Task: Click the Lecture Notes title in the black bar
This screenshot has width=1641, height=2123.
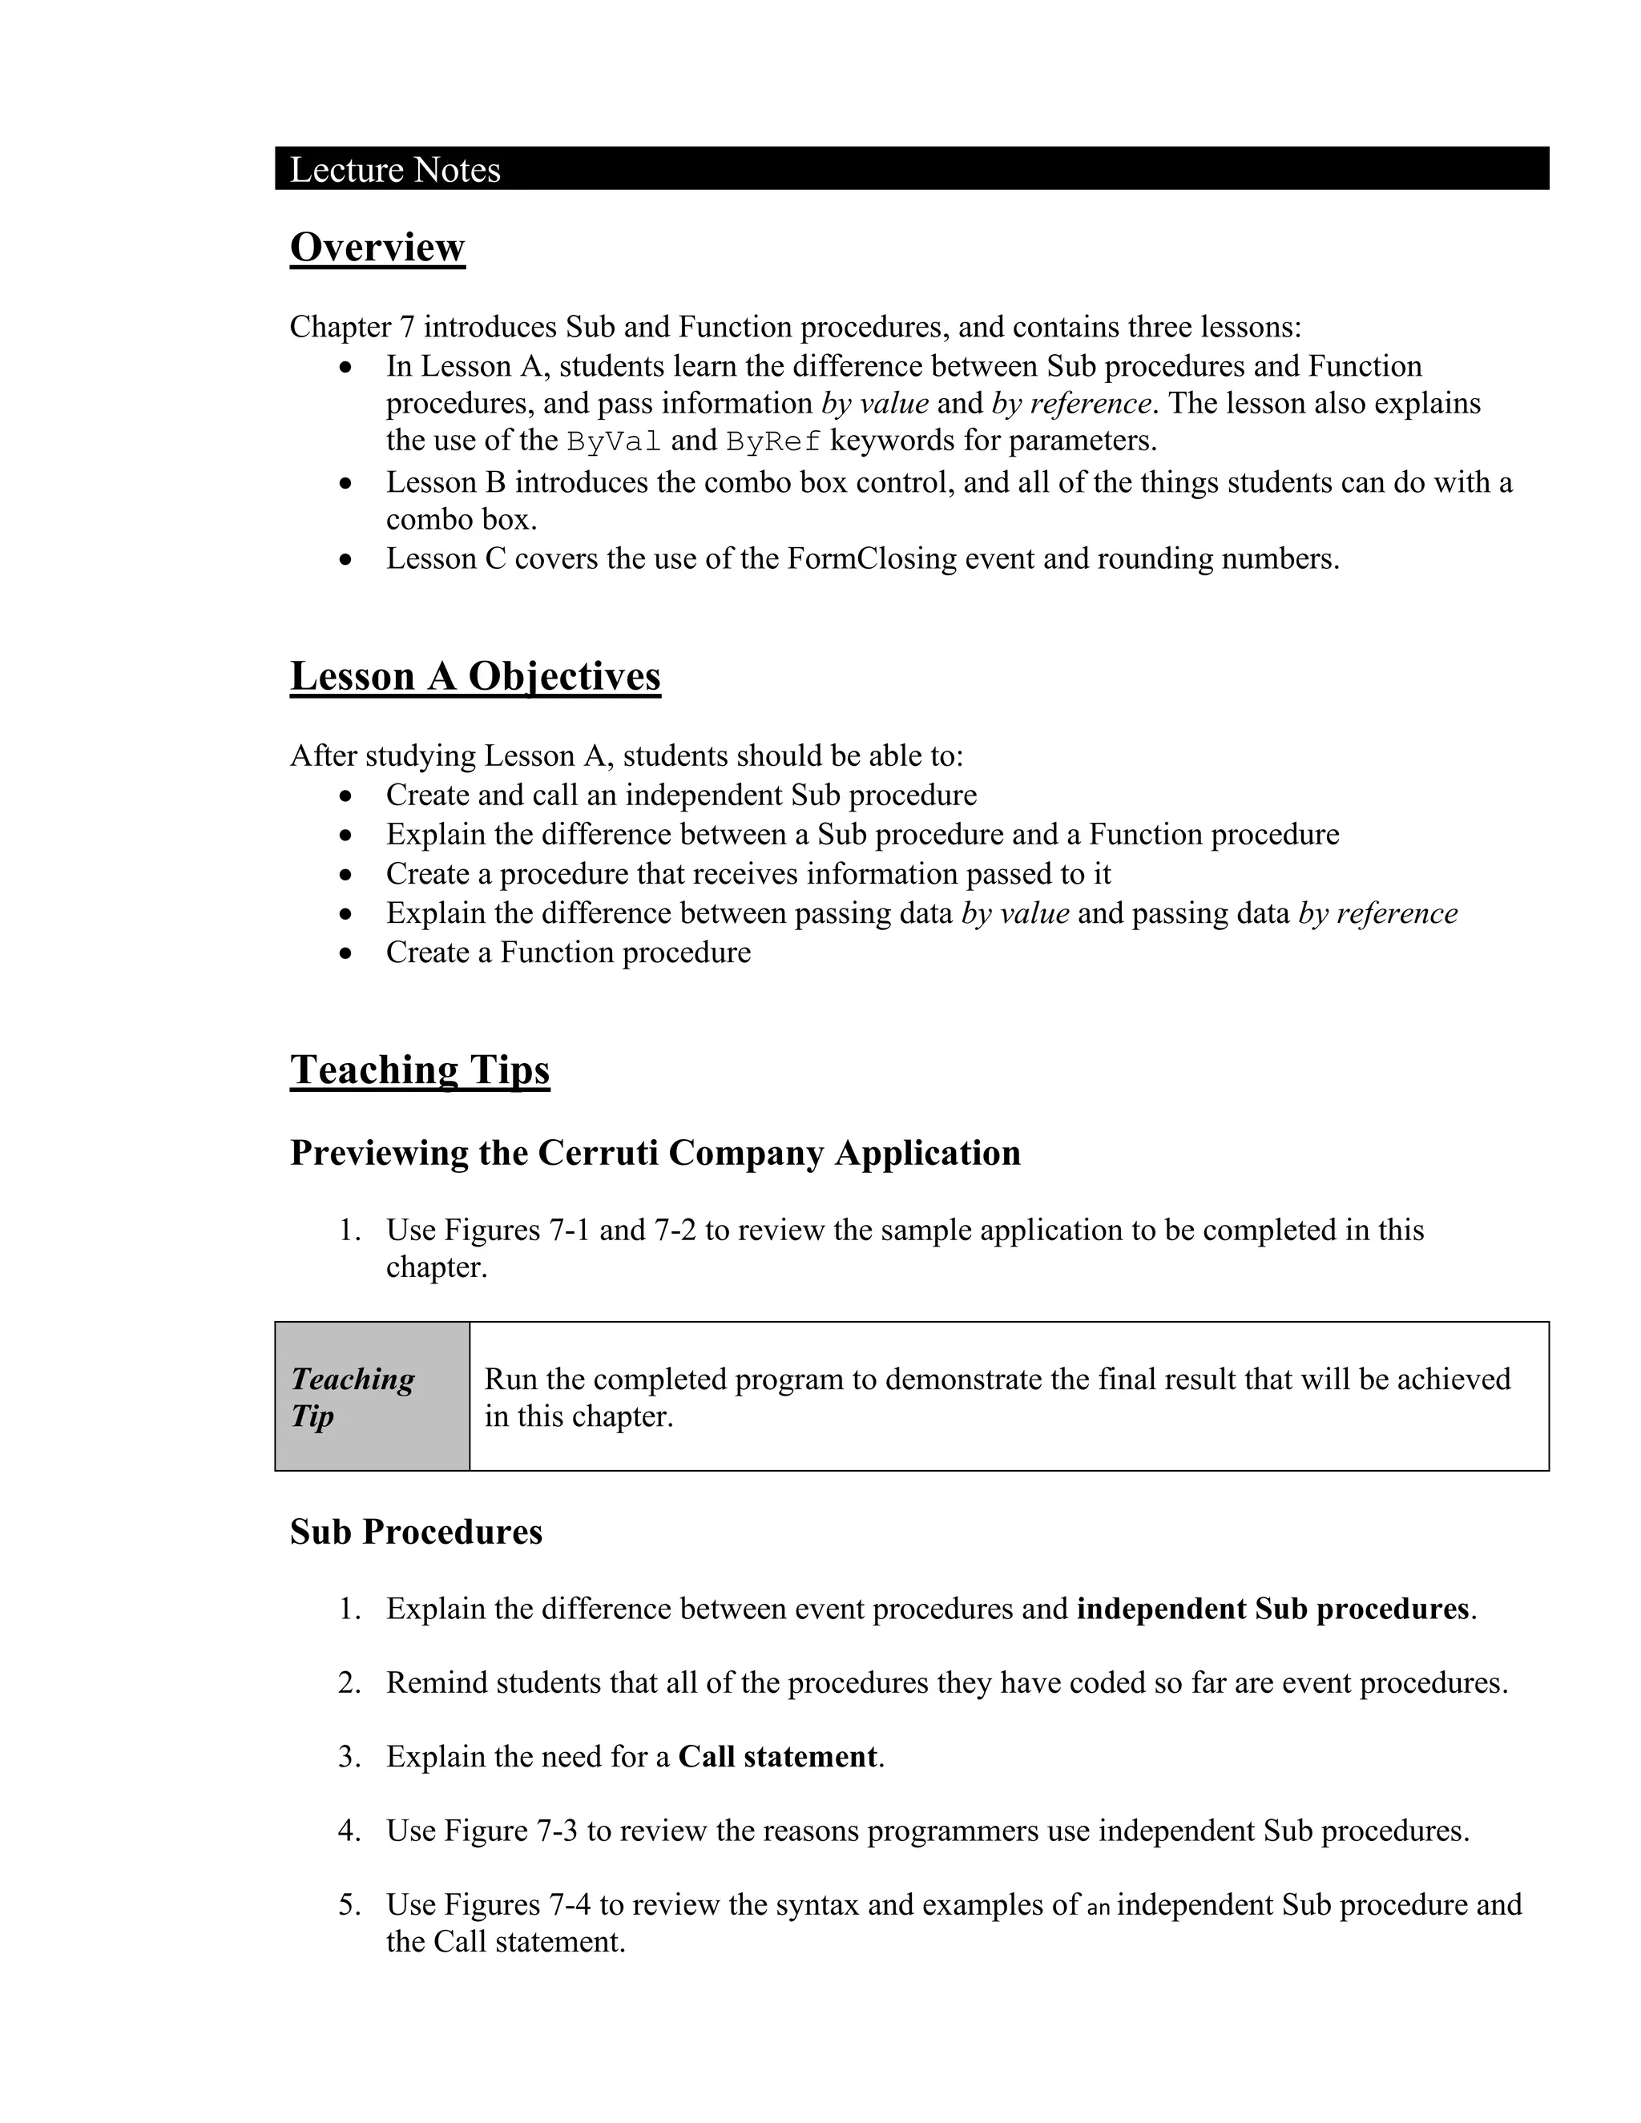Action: tap(395, 170)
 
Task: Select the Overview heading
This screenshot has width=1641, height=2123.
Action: tap(377, 247)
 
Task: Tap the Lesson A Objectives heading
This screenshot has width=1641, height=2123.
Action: tap(474, 677)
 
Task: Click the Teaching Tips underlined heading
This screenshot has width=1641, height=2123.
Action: tap(419, 1070)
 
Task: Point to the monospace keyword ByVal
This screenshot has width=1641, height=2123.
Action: tap(614, 441)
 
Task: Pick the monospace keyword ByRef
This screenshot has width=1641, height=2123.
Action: tap(773, 441)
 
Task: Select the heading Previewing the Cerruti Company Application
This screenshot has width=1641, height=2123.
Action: tap(655, 1153)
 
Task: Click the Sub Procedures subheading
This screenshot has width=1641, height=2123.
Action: tap(415, 1532)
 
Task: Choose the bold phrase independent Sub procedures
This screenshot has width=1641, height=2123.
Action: tap(1272, 1609)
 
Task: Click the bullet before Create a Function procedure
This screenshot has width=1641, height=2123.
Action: tap(346, 953)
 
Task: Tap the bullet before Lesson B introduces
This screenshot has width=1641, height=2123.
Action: tap(346, 483)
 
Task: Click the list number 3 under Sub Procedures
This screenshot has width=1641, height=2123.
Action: tap(349, 1757)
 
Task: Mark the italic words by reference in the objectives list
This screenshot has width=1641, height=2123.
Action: tap(1377, 914)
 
